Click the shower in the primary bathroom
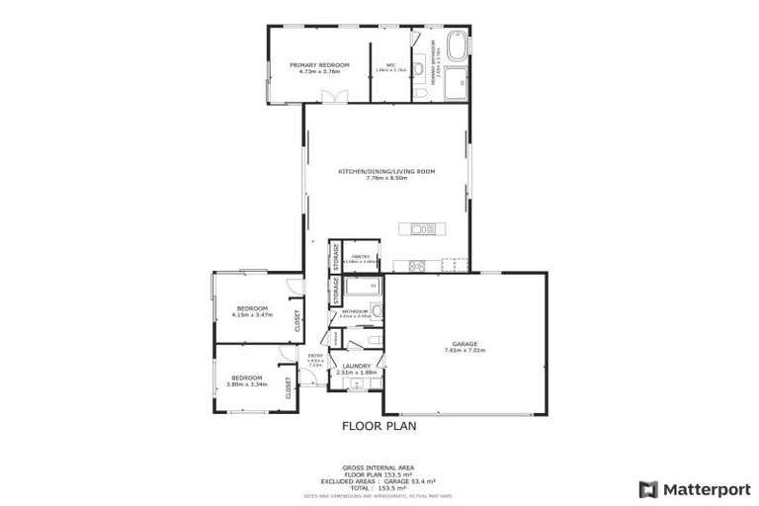(x=457, y=85)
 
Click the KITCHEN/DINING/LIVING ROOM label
(x=386, y=171)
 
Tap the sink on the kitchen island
(x=422, y=229)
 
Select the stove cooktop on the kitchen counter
(x=415, y=264)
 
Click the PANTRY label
(x=360, y=256)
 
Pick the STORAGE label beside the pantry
(x=336, y=256)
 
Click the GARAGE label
(x=464, y=344)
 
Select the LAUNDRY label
(x=357, y=366)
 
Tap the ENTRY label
(x=315, y=356)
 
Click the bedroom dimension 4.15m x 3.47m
(x=251, y=315)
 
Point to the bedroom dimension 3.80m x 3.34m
(x=247, y=383)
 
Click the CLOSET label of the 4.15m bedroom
(x=296, y=320)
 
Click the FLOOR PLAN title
(x=379, y=427)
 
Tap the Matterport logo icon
(x=648, y=488)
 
